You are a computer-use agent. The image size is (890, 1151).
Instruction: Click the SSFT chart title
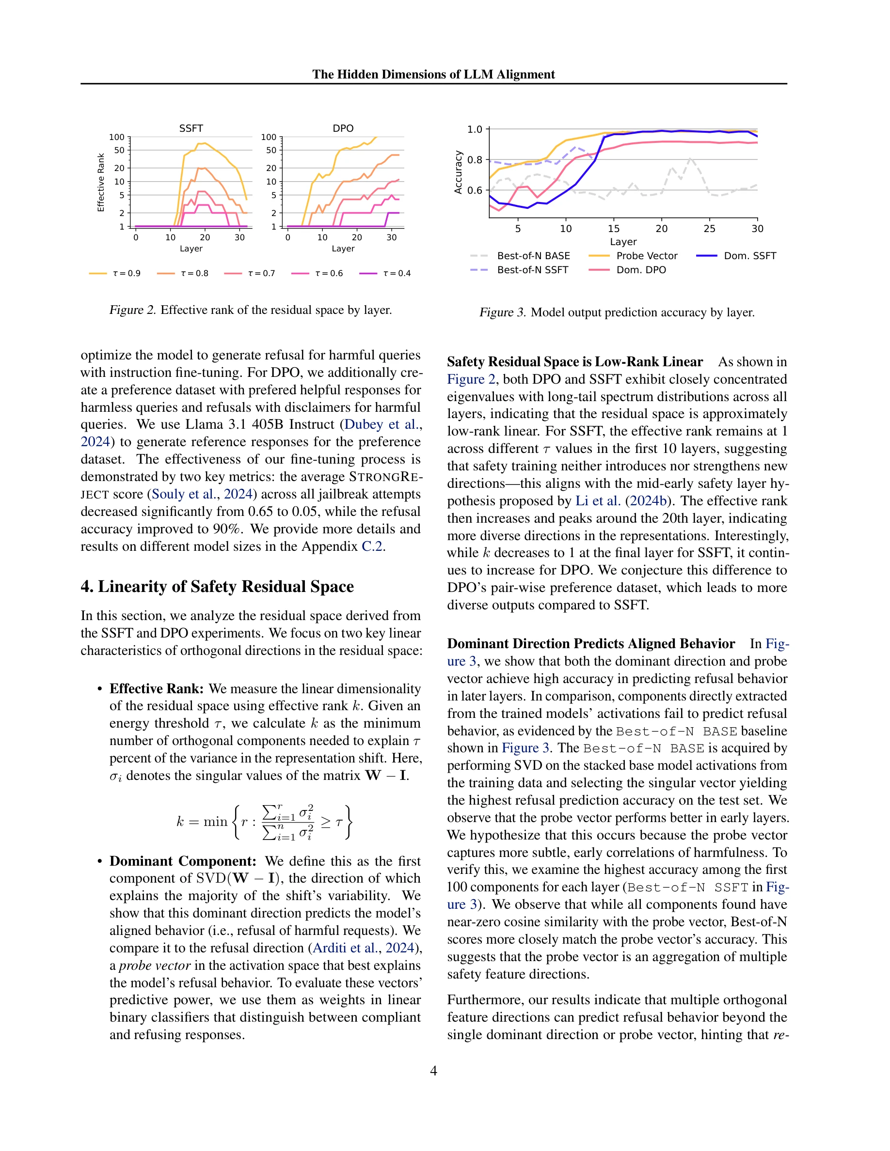[191, 128]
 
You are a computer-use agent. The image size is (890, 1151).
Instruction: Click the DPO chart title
[343, 128]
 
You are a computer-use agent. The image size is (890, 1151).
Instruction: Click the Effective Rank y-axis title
[101, 182]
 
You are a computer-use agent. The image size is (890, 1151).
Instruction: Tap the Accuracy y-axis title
[458, 172]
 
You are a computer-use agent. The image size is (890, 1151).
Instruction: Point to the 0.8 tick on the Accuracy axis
[475, 160]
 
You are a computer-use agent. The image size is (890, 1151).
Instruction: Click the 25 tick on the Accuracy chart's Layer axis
[709, 228]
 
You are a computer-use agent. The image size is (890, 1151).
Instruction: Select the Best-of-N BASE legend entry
[533, 256]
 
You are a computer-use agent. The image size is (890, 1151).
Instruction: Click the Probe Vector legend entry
[646, 256]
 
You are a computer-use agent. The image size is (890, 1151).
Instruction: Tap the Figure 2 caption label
[132, 310]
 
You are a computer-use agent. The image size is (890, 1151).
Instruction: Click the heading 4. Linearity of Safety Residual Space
[217, 586]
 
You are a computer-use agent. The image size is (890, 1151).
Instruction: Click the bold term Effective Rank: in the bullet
[156, 688]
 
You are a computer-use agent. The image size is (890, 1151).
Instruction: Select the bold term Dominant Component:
[182, 861]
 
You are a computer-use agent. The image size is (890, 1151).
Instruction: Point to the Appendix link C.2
[372, 546]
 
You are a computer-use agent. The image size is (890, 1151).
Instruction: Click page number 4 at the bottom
[433, 1071]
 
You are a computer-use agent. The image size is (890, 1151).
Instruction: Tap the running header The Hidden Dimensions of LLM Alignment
[433, 74]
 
